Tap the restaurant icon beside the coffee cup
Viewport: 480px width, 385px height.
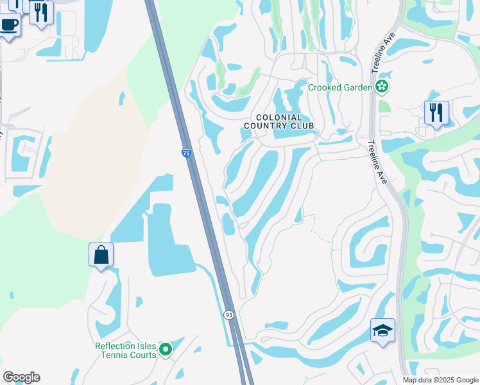click(x=41, y=12)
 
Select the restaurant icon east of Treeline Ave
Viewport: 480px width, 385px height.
click(x=436, y=113)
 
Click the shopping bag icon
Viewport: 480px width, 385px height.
click(x=101, y=255)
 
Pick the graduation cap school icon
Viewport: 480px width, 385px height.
click(x=382, y=331)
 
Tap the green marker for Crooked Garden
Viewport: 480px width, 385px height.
click(x=382, y=86)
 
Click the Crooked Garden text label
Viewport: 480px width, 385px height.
click(x=340, y=87)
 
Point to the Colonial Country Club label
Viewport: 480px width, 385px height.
click(x=279, y=122)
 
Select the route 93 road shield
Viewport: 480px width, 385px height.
click(x=228, y=315)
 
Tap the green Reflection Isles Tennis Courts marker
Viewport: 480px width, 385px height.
click(x=166, y=350)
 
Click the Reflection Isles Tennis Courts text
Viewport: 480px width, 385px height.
click(x=126, y=350)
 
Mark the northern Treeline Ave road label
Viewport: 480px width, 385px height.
click(x=388, y=45)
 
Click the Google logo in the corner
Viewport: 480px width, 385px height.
click(x=21, y=377)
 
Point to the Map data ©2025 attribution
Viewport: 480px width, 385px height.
click(x=440, y=380)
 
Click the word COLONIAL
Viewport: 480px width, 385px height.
click(x=279, y=117)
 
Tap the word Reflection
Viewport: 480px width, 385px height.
click(x=115, y=346)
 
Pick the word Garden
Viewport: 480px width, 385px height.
click(x=356, y=87)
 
